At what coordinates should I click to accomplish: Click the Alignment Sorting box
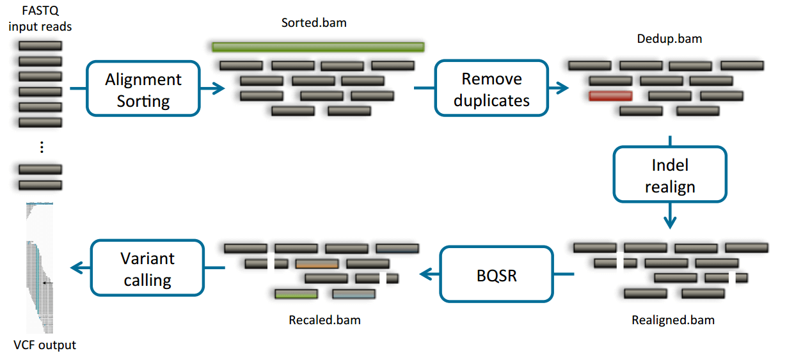tap(143, 89)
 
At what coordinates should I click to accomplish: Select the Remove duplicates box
tap(491, 89)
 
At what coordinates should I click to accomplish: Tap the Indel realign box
tap(670, 175)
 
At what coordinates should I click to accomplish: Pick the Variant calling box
tap(148, 269)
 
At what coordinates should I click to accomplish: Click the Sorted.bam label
tap(314, 23)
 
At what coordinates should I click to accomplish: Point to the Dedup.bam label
tap(669, 38)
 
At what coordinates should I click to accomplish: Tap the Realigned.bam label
tap(672, 320)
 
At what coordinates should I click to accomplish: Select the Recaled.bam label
tap(324, 320)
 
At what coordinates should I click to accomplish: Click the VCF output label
tap(45, 345)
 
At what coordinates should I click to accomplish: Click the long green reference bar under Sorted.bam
tap(318, 47)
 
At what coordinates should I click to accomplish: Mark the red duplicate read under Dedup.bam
tap(610, 96)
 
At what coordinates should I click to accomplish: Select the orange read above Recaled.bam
tap(317, 263)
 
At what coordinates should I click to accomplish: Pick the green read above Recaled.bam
tap(296, 294)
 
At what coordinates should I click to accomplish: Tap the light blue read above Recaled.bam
tap(354, 294)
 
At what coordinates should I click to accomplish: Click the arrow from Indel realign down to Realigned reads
tap(670, 215)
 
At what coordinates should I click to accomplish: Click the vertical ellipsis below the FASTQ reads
tap(41, 147)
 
